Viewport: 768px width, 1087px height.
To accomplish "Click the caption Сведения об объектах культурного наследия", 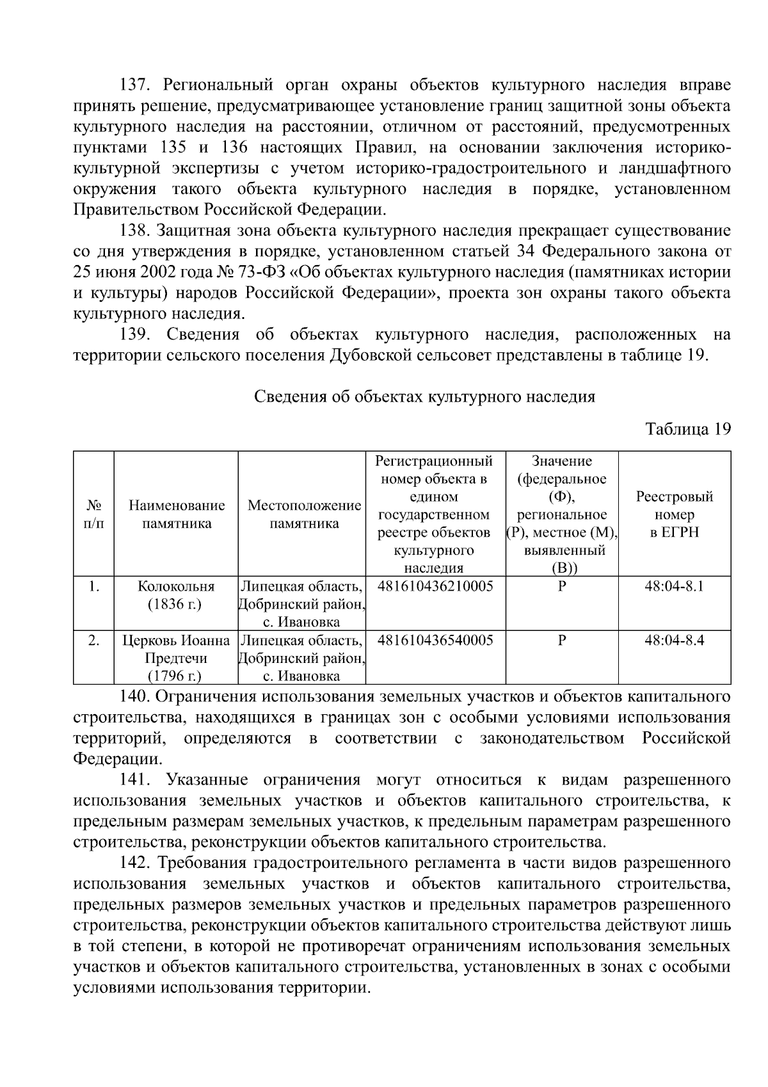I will pyautogui.click(x=425, y=397).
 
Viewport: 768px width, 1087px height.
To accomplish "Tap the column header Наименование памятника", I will pyautogui.click(x=177, y=514).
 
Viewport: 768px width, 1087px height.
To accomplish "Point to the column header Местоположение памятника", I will pyautogui.click(x=304, y=514).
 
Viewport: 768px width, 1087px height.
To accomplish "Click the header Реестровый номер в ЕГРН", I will pyautogui.click(x=675, y=514).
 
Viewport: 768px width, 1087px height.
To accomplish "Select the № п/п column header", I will pyautogui.click(x=93, y=514).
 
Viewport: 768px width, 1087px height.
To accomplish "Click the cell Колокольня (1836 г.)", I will pyautogui.click(x=176, y=595).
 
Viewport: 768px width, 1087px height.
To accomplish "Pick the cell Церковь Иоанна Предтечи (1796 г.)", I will pyautogui.click(x=176, y=658).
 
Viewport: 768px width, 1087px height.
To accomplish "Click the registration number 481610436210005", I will pyautogui.click(x=435, y=586).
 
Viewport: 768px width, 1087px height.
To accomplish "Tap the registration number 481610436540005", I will pyautogui.click(x=435, y=640).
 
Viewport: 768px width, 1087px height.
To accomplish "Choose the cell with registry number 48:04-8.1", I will pyautogui.click(x=675, y=586).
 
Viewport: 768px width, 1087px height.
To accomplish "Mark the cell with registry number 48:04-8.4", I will pyautogui.click(x=675, y=640).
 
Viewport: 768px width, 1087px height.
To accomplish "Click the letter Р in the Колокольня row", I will pyautogui.click(x=562, y=586).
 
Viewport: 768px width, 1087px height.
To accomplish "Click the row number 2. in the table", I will pyautogui.click(x=93, y=640).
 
